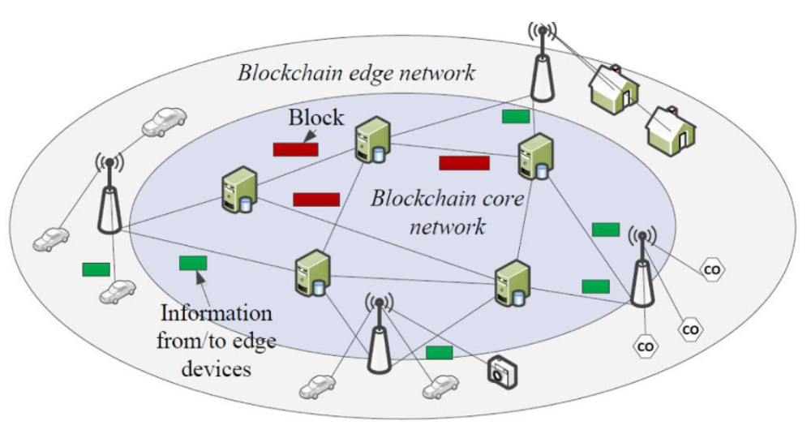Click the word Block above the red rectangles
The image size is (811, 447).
click(x=316, y=119)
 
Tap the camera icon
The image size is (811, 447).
click(x=500, y=371)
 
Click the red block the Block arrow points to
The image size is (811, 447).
click(x=295, y=149)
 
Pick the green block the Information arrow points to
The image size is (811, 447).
click(x=192, y=263)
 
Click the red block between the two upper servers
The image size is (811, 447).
click(x=464, y=163)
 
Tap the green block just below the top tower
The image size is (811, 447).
click(x=515, y=116)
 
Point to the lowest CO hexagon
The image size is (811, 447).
click(x=646, y=346)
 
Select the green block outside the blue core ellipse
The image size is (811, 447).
click(x=96, y=269)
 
